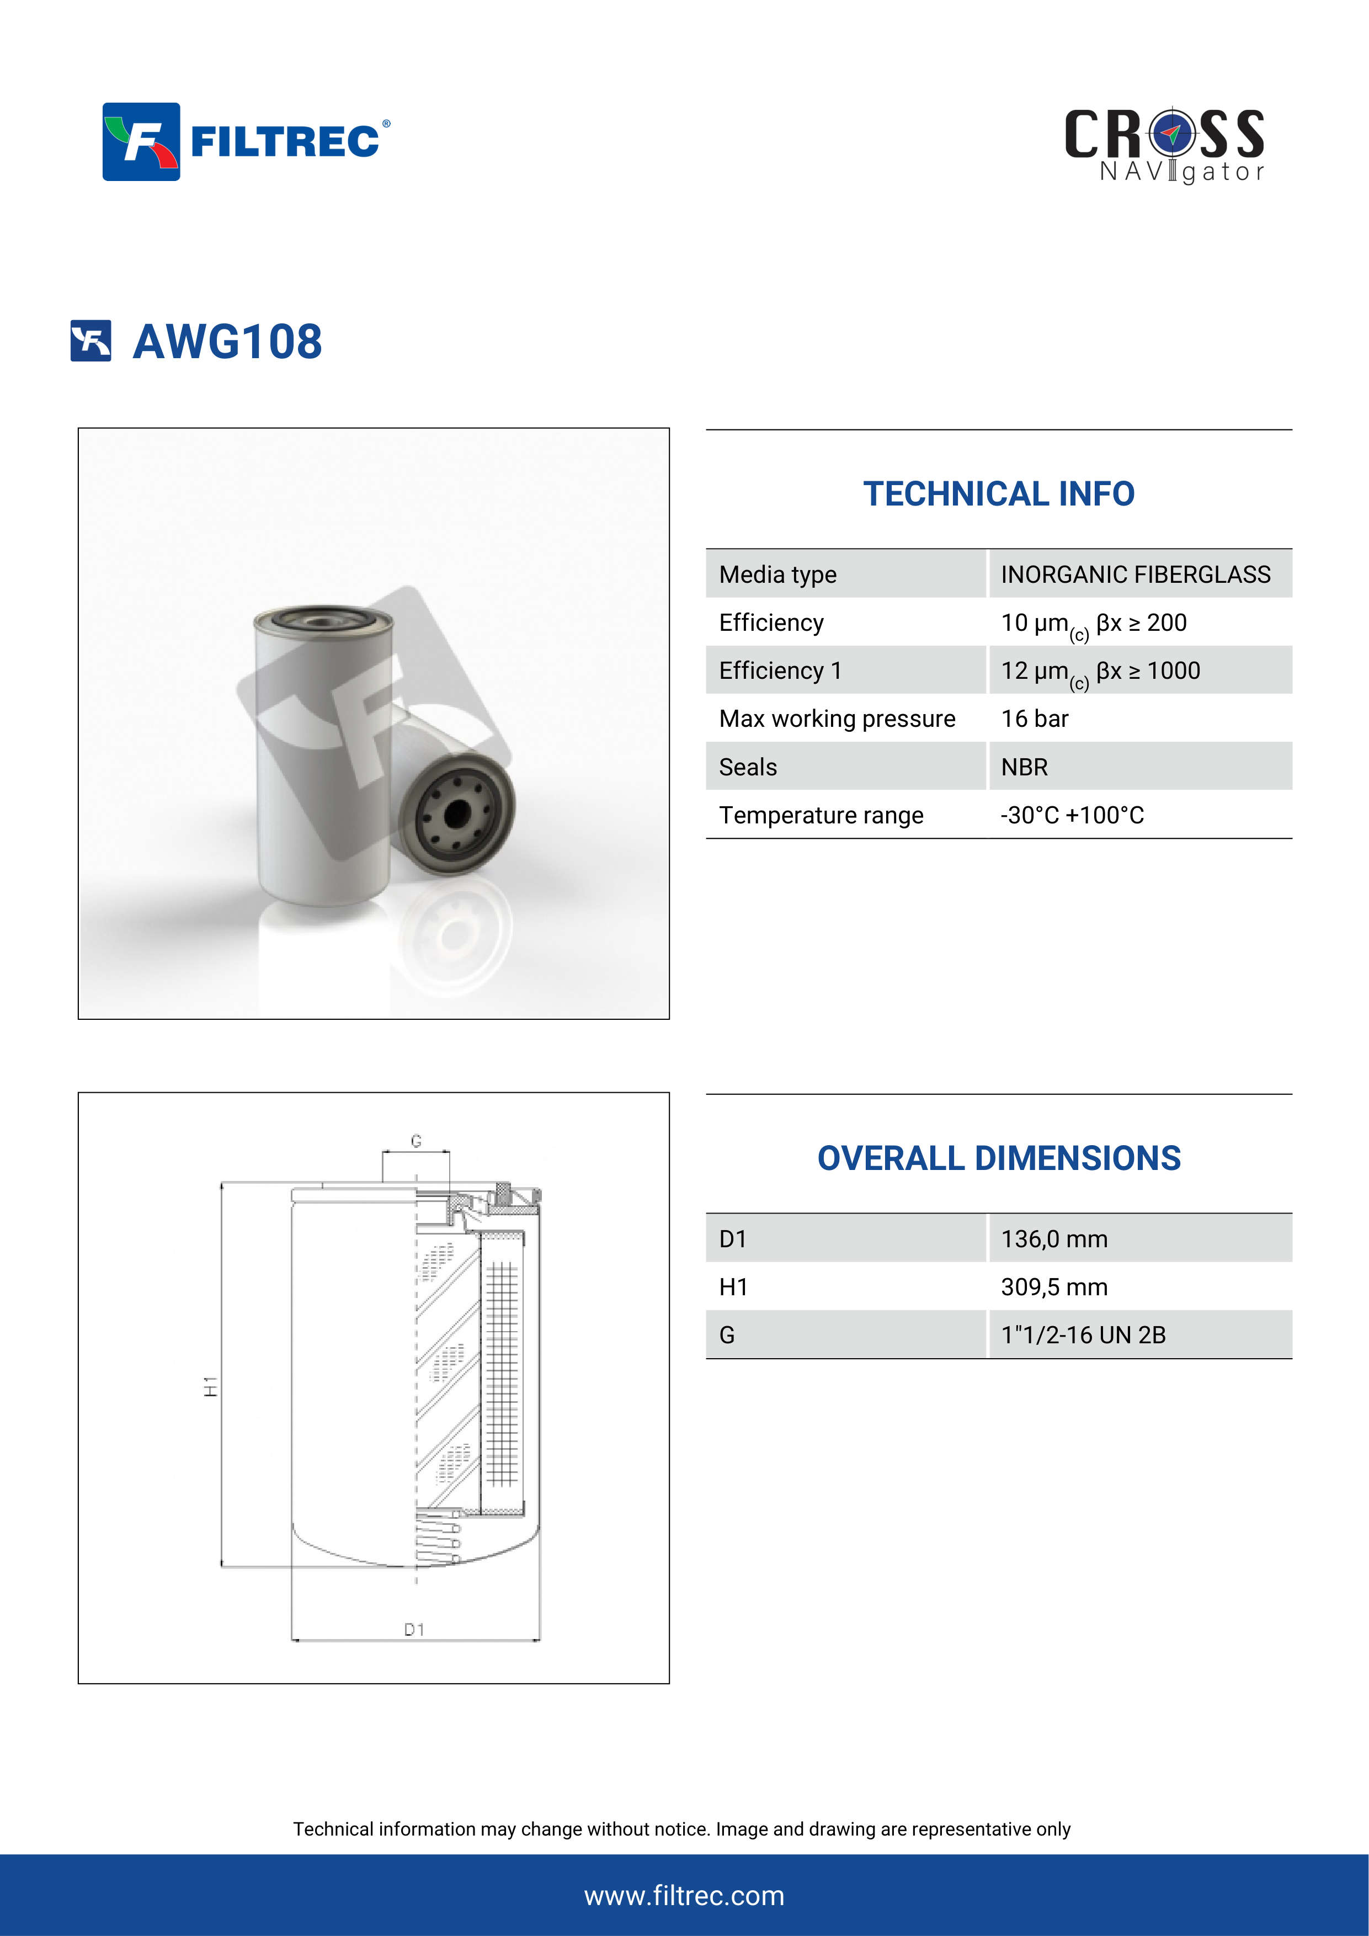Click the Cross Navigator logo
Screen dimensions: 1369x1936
coord(1164,145)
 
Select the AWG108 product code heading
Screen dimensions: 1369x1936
coord(227,342)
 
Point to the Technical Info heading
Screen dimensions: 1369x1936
coord(999,494)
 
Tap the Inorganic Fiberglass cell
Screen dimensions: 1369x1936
coord(1136,574)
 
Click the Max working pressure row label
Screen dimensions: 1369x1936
coord(837,719)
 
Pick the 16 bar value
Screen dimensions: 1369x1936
coord(1034,719)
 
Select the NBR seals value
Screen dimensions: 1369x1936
coord(1024,767)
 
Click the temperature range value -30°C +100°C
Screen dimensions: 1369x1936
coord(1072,815)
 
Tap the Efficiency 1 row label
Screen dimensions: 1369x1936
coord(781,671)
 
